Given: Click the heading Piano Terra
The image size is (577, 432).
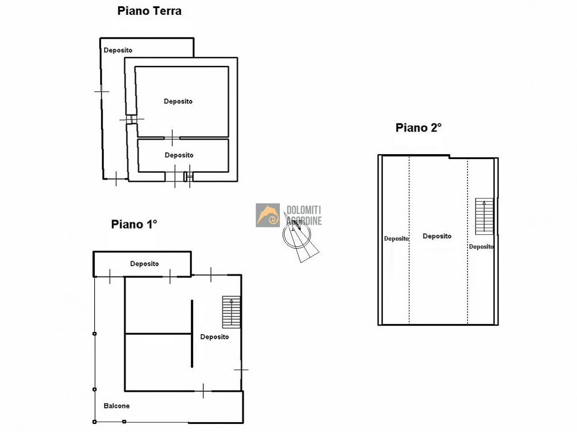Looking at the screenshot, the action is point(149,11).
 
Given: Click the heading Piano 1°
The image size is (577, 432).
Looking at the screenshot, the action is point(134,224).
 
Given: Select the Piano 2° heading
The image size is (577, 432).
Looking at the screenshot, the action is point(418,128).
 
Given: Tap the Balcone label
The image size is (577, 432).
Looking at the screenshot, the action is point(117,406).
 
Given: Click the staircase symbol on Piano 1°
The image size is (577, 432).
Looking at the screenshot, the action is point(231,312).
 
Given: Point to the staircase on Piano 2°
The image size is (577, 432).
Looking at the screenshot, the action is point(484,216).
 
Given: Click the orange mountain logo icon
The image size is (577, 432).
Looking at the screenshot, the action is point(268,215).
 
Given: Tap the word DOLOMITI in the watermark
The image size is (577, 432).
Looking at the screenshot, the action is point(304,210).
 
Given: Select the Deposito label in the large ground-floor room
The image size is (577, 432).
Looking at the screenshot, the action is point(178,101).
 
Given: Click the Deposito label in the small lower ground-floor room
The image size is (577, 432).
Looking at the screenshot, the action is point(179,155).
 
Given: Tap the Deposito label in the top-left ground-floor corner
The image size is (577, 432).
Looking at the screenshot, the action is point(118,50).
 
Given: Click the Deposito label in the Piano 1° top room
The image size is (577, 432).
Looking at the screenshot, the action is point(145,264).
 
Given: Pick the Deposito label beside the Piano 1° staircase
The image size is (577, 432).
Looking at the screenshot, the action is point(215,337).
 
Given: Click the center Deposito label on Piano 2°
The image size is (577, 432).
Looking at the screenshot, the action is point(437,236).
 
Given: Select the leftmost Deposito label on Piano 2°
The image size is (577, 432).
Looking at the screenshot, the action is point(396,239).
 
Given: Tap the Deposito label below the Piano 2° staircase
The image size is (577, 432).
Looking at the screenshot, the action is point(481,247).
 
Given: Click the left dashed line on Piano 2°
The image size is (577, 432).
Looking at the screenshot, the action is point(409,240).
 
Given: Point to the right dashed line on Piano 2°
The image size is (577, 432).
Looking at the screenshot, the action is point(467,241).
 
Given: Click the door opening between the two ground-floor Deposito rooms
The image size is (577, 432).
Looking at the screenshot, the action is point(172,138).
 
